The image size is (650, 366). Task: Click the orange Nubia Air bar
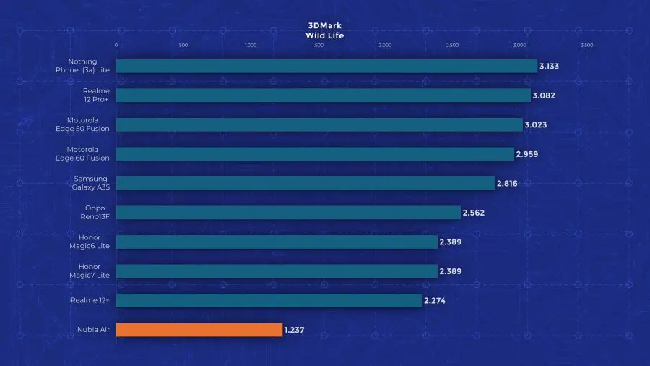coord(199,330)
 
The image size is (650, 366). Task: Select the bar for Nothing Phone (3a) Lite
coord(326,66)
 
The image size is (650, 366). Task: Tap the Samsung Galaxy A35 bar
coord(305,183)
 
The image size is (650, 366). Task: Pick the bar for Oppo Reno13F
coord(288,213)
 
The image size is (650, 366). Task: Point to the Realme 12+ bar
coord(269,300)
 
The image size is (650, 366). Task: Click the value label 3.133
coord(550,67)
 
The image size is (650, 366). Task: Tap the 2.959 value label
coord(527,154)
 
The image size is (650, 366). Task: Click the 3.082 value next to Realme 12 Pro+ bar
coord(544,95)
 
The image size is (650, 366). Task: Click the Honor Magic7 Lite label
coord(90,271)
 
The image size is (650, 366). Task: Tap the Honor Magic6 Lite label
coord(90,242)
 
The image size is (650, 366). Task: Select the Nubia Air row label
coord(93,330)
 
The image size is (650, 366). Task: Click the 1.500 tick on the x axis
coord(317,45)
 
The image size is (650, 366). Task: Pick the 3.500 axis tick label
coord(586,45)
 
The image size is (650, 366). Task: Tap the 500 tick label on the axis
coord(183,45)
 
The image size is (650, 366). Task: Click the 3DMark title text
coord(324,25)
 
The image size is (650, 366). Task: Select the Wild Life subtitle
coord(324,35)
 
